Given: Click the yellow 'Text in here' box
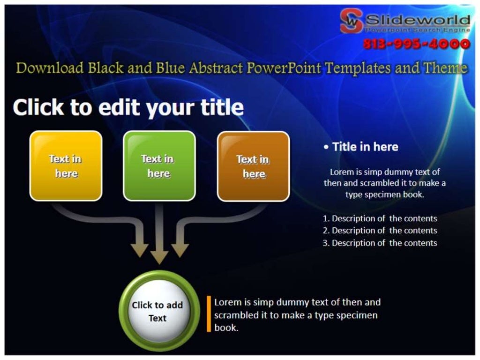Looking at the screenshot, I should [66, 166].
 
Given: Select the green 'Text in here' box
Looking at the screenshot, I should [158, 166].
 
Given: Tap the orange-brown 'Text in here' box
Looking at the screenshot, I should [253, 166].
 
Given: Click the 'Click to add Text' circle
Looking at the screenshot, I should [157, 311].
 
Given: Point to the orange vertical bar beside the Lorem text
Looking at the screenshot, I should [209, 314].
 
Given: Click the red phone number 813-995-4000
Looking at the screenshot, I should [416, 44].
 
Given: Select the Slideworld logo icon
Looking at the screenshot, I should [352, 21].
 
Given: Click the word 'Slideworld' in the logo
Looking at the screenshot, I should [417, 20].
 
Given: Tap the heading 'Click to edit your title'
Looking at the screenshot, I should [128, 107].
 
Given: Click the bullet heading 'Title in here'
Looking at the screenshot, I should [365, 147].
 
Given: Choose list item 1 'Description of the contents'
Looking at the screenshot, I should [380, 218].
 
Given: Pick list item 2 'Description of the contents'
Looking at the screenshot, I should [380, 231].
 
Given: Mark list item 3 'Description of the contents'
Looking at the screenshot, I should [380, 243].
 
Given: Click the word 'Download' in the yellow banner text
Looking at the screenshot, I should [50, 68].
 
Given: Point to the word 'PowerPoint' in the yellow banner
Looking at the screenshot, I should [284, 68].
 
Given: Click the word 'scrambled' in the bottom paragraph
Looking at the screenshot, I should [236, 315].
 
